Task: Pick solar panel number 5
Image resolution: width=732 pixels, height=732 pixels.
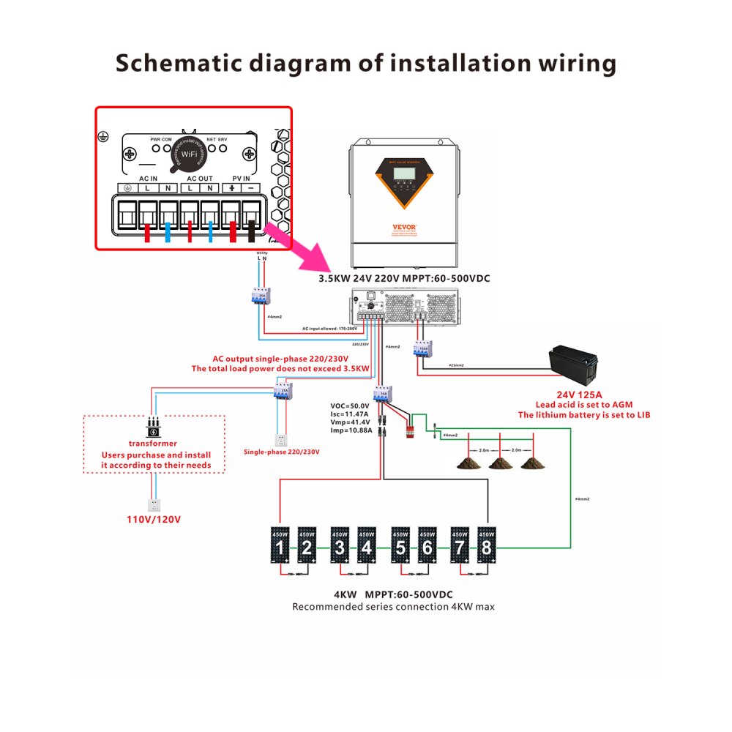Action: click(x=400, y=545)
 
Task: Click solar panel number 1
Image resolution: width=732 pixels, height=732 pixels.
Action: click(x=280, y=545)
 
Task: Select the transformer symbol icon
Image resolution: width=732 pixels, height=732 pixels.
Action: click(x=153, y=426)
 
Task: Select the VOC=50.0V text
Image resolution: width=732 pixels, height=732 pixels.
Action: click(x=352, y=405)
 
